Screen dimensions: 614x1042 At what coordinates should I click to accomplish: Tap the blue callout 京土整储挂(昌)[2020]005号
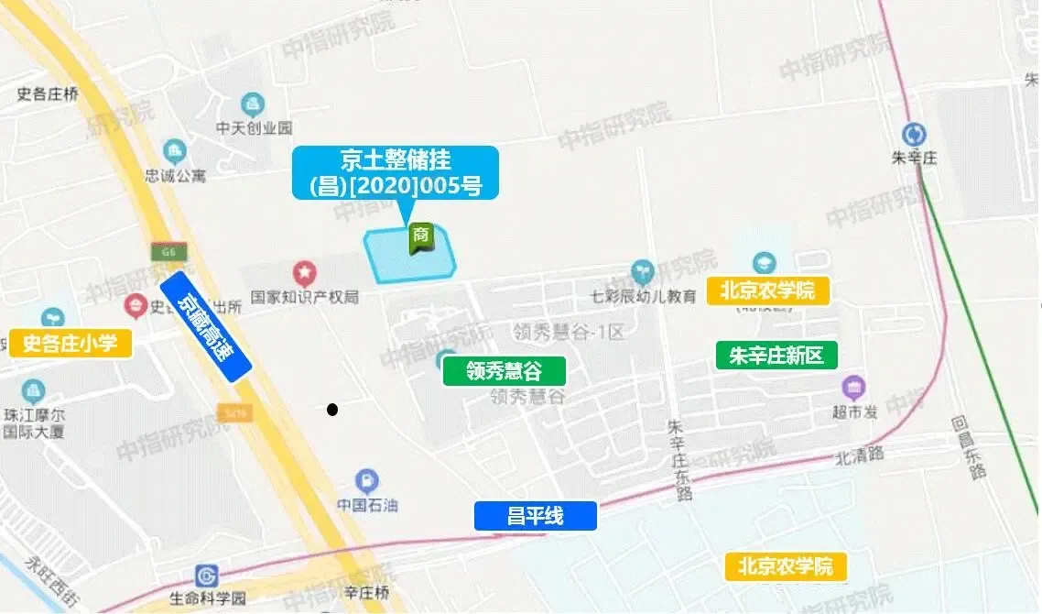(x=396, y=173)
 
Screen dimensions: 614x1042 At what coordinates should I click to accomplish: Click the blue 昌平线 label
(x=535, y=516)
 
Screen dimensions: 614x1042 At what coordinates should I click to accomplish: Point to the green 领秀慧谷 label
(x=504, y=371)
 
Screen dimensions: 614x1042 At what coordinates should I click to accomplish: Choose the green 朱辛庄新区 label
(x=776, y=355)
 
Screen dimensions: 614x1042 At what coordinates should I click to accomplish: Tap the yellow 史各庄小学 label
(x=70, y=344)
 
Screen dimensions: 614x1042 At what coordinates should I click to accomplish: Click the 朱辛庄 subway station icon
(x=913, y=135)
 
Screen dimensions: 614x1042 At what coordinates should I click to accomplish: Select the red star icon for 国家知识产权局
(x=304, y=272)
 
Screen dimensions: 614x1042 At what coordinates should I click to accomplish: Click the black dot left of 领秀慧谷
(x=332, y=409)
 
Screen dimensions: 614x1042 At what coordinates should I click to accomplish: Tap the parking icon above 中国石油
(x=366, y=479)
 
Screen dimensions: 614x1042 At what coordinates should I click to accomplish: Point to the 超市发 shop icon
(x=853, y=388)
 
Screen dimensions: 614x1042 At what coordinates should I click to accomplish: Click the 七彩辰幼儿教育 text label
(x=643, y=296)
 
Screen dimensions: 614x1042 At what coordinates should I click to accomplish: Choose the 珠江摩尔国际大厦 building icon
(x=33, y=391)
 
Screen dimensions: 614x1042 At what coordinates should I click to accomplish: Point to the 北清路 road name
(x=858, y=455)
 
